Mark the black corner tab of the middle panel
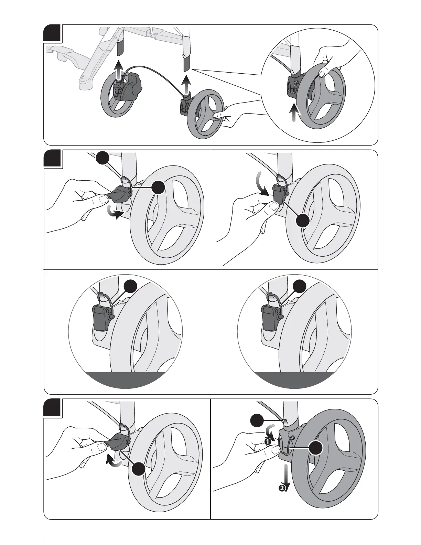pos(52,158)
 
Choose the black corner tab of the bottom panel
pos(52,408)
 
